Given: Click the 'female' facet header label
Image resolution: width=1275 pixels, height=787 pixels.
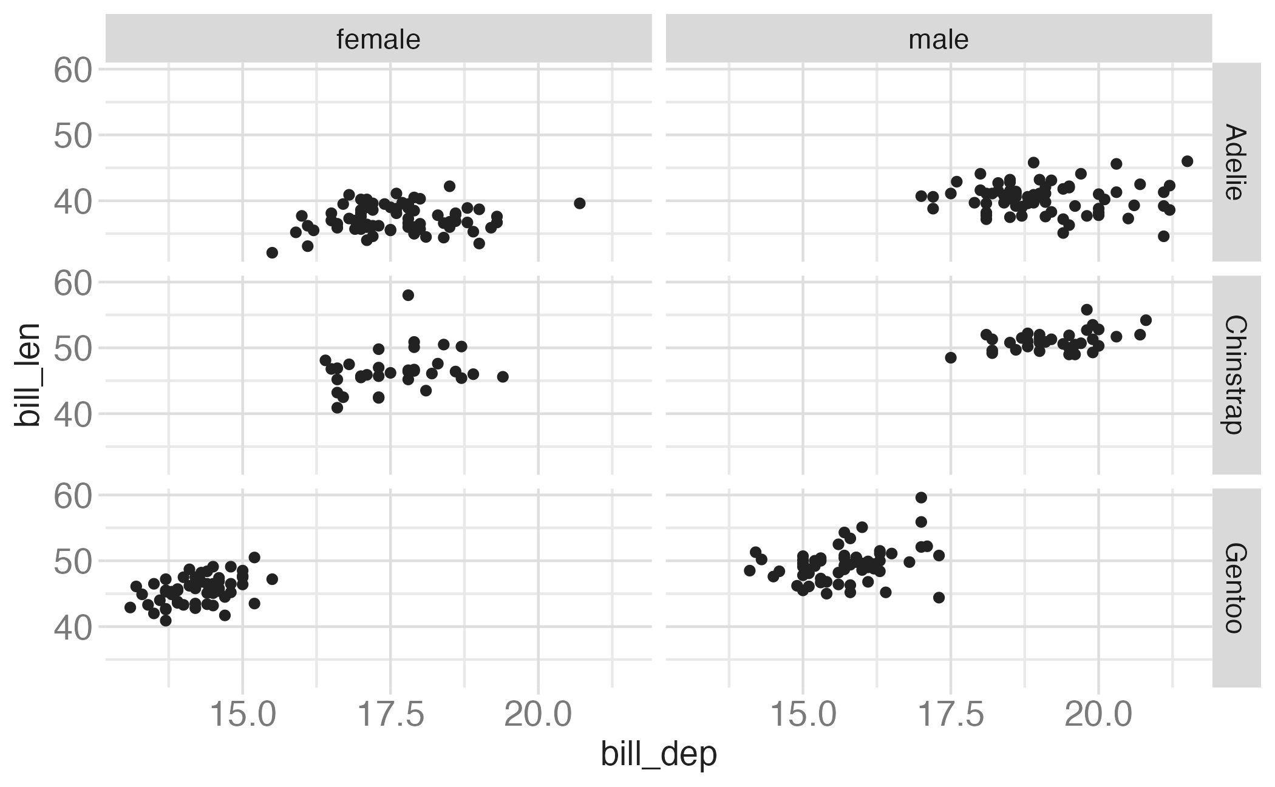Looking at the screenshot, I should coord(378,39).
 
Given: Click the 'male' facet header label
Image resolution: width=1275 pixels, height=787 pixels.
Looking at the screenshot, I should coord(938,39).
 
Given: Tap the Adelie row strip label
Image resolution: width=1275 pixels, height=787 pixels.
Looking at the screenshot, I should coord(1236,162).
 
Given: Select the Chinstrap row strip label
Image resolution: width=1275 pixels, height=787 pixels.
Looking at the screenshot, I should coord(1236,374).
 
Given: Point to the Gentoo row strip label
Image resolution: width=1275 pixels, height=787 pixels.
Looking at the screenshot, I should coord(1236,587).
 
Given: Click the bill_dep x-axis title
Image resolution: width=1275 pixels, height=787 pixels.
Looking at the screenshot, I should coord(659,754).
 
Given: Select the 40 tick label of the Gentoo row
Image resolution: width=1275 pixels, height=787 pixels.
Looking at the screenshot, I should coord(72,627).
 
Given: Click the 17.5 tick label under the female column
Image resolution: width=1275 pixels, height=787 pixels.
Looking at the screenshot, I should coord(390,715).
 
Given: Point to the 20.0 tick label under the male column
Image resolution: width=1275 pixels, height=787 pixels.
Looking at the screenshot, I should coord(1098,715).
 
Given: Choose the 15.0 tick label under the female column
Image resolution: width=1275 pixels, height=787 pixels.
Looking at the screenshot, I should coord(243,715).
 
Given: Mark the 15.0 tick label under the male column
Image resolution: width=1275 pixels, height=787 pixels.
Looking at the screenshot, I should coord(803,715).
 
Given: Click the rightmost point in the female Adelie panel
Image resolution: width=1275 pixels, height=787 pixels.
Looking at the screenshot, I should coord(579,203).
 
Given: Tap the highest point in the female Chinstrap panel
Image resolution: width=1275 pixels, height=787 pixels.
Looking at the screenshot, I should coord(408,296).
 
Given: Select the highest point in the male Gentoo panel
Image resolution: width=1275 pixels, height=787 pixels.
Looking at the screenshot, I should coord(921,498).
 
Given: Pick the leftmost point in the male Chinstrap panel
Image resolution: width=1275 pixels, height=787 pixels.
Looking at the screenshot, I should coord(951,358).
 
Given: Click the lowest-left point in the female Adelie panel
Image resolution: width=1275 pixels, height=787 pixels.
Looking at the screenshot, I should coord(272,252).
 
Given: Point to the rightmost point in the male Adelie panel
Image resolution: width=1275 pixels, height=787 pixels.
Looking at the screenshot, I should coord(1188,161).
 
